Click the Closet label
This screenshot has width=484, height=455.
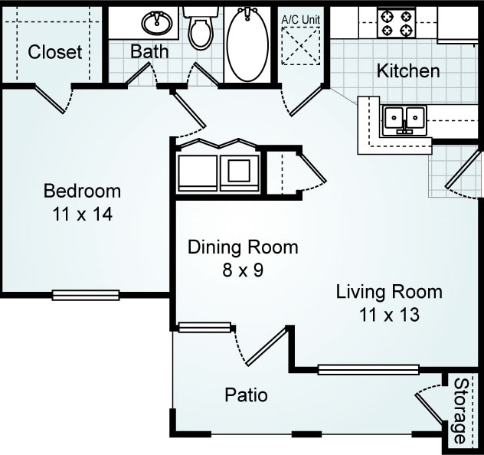tap(55, 52)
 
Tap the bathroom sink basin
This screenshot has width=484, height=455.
tap(157, 22)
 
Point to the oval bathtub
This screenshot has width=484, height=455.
tap(248, 44)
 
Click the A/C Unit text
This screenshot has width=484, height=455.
tap(301, 20)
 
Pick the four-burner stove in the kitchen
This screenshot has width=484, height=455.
tap(396, 23)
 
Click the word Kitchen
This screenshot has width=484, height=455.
tap(408, 71)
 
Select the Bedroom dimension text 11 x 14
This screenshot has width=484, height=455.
tap(83, 214)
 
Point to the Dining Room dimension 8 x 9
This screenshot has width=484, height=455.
tap(243, 270)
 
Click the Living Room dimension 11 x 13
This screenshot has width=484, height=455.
tap(389, 315)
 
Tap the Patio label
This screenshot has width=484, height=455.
tap(246, 394)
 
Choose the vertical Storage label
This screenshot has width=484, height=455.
tap(460, 411)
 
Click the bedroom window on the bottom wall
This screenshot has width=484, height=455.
tap(86, 295)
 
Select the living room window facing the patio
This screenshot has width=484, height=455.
tap(368, 369)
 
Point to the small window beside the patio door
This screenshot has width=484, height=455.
tap(204, 327)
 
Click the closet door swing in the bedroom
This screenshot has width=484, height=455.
tap(53, 98)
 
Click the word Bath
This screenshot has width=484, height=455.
tap(149, 51)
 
